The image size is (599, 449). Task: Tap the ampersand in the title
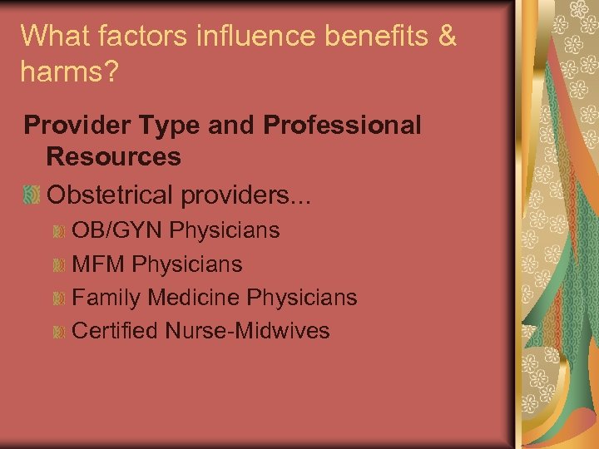point(447,37)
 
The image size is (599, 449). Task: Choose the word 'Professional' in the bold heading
point(342,126)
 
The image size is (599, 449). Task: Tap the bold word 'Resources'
point(114,155)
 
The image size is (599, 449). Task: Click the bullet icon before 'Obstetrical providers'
point(32,196)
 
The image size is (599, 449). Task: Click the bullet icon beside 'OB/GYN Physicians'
point(58,231)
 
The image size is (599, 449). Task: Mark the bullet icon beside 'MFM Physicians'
point(58,265)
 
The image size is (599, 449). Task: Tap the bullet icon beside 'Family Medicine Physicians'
point(58,299)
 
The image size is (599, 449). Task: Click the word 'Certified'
point(115,331)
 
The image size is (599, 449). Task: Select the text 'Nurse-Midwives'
point(247,331)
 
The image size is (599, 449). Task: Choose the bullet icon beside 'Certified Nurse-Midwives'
point(58,332)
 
